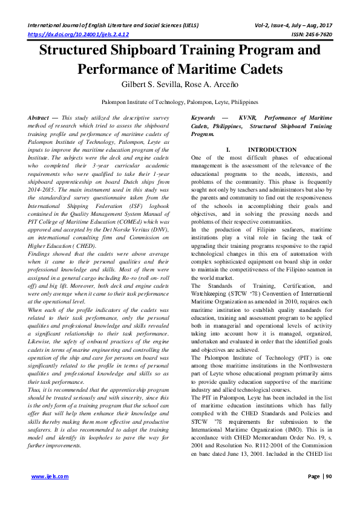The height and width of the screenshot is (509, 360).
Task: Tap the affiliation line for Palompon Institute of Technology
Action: coord(180,103)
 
